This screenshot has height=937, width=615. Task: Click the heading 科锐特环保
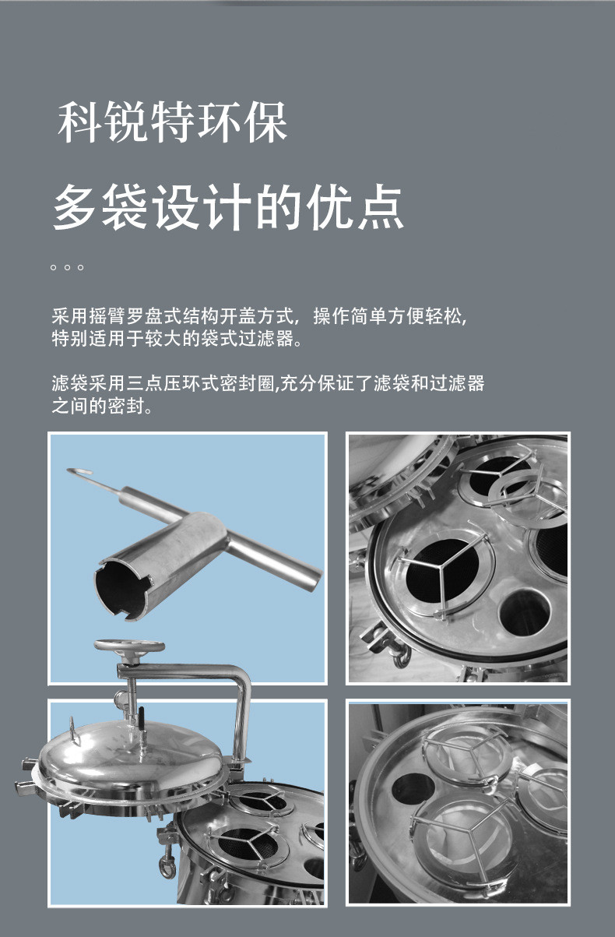tap(172, 122)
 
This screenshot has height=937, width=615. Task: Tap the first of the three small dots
tap(53, 267)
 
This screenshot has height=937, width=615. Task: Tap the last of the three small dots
tap(80, 267)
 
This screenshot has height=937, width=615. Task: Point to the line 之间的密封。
tap(102, 406)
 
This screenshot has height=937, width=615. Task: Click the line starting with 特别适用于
tap(177, 338)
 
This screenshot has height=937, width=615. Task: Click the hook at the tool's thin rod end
tap(79, 471)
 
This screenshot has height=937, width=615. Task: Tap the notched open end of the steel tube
tap(122, 589)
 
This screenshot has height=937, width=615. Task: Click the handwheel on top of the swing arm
tap(129, 646)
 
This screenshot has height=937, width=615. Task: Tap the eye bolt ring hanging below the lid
tap(167, 869)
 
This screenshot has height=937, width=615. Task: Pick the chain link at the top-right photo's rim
tap(400, 657)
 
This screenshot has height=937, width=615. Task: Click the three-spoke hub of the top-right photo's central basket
tap(441, 568)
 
